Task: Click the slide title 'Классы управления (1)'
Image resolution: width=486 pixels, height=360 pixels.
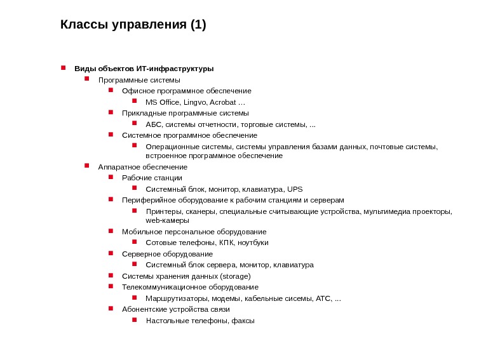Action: [133, 25]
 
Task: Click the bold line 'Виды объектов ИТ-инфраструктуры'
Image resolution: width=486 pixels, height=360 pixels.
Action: [144, 69]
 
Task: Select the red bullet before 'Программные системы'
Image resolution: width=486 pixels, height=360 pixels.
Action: [87, 80]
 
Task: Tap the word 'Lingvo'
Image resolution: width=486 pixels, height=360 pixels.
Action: [195, 102]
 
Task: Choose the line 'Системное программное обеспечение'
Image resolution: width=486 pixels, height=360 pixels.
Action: [189, 135]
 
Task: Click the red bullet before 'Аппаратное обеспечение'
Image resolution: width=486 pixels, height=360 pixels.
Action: [87, 166]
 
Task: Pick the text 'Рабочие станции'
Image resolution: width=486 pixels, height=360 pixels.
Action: [152, 178]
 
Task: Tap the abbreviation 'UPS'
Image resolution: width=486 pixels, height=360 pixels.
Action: [295, 189]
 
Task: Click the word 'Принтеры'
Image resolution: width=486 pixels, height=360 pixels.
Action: [163, 211]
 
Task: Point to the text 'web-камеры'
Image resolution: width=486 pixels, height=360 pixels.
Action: [167, 220]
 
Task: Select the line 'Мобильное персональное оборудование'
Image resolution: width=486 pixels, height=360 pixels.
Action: [194, 232]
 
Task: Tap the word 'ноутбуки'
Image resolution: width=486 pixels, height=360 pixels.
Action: [253, 243]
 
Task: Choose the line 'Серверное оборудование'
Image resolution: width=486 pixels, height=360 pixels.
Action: [167, 254]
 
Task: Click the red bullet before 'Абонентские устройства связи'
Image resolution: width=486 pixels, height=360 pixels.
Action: [111, 309]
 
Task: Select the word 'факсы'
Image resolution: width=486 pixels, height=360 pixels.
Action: [243, 321]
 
